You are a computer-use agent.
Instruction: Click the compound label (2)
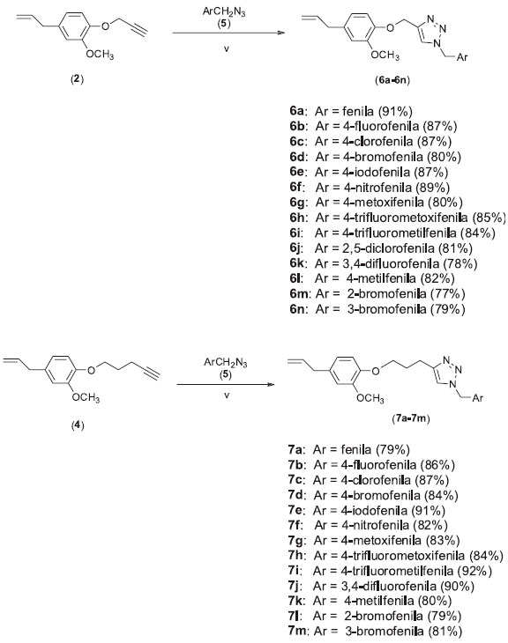point(77,79)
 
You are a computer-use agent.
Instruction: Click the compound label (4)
point(78,425)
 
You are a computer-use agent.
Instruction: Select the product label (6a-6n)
point(392,80)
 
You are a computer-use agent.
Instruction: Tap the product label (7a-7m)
point(410,419)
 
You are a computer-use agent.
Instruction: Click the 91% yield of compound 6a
point(394,111)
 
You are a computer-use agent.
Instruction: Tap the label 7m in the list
point(297,631)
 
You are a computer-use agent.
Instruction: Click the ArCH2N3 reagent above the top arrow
point(224,12)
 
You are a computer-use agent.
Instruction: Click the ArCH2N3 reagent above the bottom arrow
point(226,363)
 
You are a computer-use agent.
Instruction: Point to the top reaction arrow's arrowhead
point(280,33)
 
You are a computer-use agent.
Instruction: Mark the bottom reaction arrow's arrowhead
point(271,384)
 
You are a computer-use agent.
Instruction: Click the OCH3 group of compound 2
point(100,55)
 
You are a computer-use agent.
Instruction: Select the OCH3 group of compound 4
point(86,397)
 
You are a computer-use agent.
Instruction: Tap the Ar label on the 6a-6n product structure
point(462,57)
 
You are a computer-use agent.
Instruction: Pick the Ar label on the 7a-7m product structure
point(478,398)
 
